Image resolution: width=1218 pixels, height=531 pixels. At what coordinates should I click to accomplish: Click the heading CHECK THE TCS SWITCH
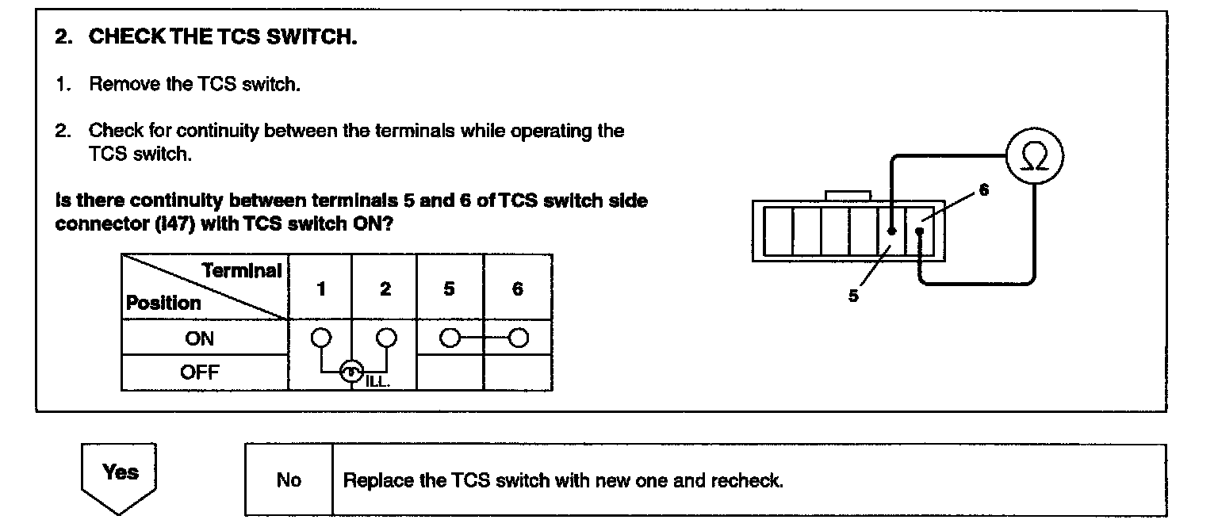[x=222, y=36]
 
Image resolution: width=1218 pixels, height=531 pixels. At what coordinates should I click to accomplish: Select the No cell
[x=289, y=480]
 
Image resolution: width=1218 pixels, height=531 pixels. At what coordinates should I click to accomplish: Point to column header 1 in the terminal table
[x=320, y=288]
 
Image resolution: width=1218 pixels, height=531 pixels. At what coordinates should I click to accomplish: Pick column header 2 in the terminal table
[x=385, y=288]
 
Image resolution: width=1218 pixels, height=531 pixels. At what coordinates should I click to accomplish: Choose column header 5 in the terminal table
[x=449, y=288]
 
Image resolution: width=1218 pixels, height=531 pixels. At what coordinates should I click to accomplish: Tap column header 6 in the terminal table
[x=517, y=288]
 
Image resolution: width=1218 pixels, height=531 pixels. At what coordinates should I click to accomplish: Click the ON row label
[x=199, y=338]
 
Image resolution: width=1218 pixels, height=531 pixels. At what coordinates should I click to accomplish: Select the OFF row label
[x=199, y=372]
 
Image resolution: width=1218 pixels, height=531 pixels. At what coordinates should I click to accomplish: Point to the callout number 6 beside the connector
[x=984, y=190]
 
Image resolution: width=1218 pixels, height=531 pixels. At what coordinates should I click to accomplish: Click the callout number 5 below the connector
[x=853, y=296]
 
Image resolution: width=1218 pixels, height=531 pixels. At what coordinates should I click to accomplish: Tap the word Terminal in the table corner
[x=241, y=271]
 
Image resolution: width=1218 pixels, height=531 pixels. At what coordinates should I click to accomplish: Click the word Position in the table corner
[x=163, y=303]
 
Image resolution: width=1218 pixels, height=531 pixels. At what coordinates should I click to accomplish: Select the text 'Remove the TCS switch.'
[x=194, y=84]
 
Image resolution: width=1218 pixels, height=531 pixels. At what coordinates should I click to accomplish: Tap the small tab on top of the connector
[x=848, y=195]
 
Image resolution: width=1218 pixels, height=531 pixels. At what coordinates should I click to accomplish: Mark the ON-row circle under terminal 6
[x=519, y=338]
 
